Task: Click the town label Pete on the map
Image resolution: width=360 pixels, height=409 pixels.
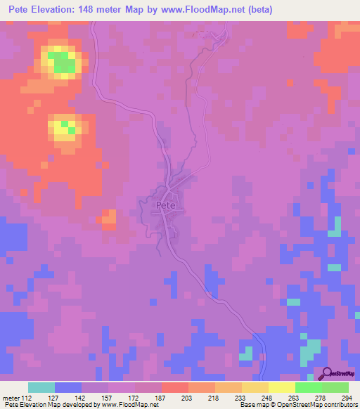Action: point(166,204)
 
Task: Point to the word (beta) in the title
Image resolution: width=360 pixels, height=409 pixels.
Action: point(258,10)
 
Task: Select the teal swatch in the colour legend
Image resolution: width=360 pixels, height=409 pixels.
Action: point(41,387)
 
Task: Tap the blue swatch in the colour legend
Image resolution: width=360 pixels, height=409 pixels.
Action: point(68,387)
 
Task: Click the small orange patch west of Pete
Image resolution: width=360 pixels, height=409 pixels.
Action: point(108,220)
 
